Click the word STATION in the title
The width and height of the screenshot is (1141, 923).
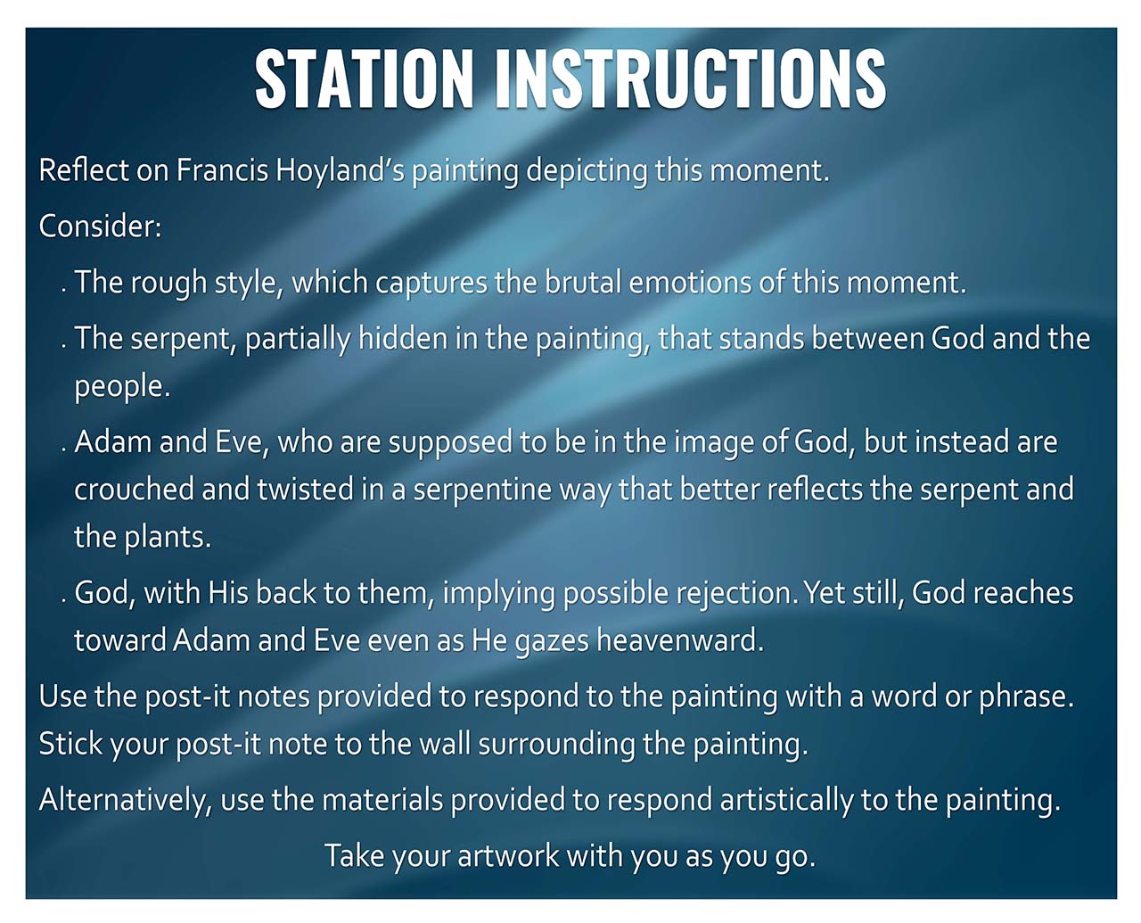click(365, 78)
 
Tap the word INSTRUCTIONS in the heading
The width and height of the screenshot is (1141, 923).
click(691, 78)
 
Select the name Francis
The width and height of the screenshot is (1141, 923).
click(222, 170)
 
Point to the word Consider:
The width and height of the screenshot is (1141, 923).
click(100, 227)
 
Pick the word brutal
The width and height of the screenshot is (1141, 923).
click(583, 283)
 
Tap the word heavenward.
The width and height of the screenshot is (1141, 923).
click(680, 640)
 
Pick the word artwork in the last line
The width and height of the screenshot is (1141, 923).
click(508, 855)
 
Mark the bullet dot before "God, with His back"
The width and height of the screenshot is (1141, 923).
click(64, 601)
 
